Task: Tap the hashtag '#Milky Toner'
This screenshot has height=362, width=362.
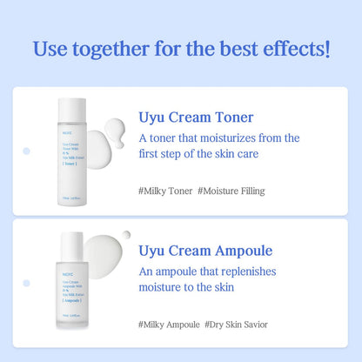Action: tap(164, 191)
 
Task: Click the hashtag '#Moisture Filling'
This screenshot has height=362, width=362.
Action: tap(231, 191)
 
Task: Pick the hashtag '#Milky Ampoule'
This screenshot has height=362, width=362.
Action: tap(169, 325)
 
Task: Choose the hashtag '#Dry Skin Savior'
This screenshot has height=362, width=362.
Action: tap(237, 325)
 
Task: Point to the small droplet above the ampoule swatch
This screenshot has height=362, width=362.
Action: tap(126, 234)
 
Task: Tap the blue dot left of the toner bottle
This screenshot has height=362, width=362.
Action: tap(26, 151)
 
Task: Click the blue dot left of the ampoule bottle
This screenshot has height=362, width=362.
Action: tap(26, 284)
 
